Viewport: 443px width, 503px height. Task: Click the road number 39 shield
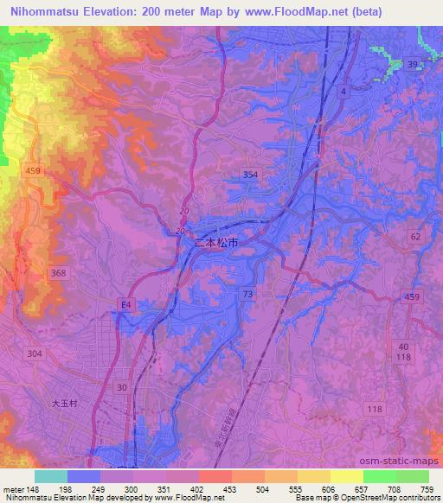(414, 65)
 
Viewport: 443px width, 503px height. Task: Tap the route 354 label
(251, 175)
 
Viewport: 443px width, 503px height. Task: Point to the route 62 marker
(416, 235)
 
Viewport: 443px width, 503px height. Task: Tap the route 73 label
(249, 295)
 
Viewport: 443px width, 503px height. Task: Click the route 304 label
(35, 353)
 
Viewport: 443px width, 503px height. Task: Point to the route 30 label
(123, 388)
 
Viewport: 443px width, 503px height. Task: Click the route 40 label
(405, 347)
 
